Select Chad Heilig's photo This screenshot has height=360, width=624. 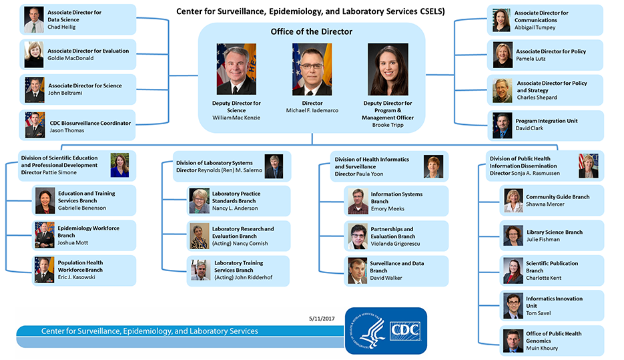pyautogui.click(x=34, y=20)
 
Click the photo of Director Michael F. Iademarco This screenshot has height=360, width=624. pyautogui.click(x=312, y=69)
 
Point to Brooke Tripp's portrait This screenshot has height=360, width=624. pyautogui.click(x=387, y=69)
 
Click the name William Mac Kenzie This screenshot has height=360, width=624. pyautogui.click(x=236, y=118)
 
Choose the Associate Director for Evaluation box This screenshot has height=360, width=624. pyautogui.click(x=79, y=55)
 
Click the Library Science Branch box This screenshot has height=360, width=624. pyautogui.click(x=552, y=236)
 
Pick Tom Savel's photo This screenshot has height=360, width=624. pyautogui.click(x=513, y=305)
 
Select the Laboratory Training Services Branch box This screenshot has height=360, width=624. pyautogui.click(x=238, y=271)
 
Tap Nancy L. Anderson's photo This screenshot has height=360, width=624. pyautogui.click(x=200, y=201)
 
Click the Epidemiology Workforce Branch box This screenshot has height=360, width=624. pyautogui.click(x=84, y=235)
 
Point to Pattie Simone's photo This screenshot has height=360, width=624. pyautogui.click(x=119, y=165)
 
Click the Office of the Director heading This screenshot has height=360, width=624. pyautogui.click(x=312, y=32)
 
